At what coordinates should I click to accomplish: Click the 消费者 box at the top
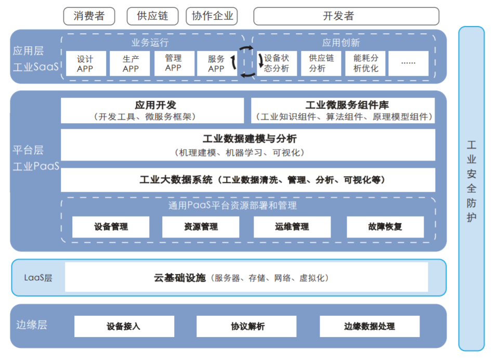tap(88, 16)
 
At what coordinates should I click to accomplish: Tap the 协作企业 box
tap(212, 16)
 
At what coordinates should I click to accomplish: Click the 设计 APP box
tap(85, 63)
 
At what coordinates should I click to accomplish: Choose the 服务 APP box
tap(216, 63)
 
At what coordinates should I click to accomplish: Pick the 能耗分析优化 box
tap(365, 63)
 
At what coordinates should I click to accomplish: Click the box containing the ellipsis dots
tap(409, 63)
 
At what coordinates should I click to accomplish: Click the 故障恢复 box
tap(385, 227)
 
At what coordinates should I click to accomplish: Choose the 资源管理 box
tap(201, 227)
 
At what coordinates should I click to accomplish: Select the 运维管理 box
tap(292, 227)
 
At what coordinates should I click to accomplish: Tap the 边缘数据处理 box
tap(369, 326)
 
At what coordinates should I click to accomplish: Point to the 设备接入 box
tap(123, 326)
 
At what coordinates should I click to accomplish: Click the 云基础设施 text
tap(180, 278)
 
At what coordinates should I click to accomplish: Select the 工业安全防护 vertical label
tap(471, 181)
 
